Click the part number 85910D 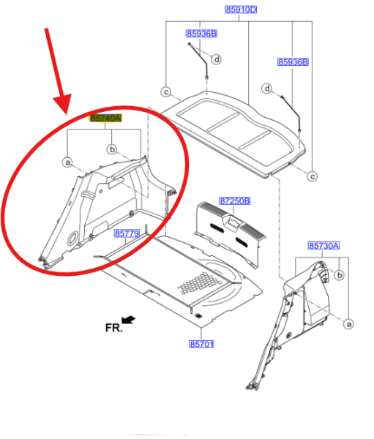pyautogui.click(x=241, y=10)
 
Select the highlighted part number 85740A pyautogui.click(x=105, y=118)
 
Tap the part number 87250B pyautogui.click(x=234, y=200)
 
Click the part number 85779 pyautogui.click(x=127, y=233)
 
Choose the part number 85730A pyautogui.click(x=323, y=246)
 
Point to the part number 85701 pyautogui.click(x=201, y=344)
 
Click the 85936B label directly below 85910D pyautogui.click(x=201, y=34)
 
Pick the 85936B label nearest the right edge pyautogui.click(x=293, y=62)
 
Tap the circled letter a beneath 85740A pyautogui.click(x=67, y=162)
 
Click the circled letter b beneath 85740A pyautogui.click(x=112, y=149)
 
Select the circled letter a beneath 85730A pyautogui.click(x=348, y=324)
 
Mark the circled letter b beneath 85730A pyautogui.click(x=340, y=275)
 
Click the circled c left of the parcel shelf pyautogui.click(x=166, y=92)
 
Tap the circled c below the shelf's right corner pyautogui.click(x=313, y=176)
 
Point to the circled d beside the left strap pyautogui.click(x=217, y=59)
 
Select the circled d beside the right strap pyautogui.click(x=266, y=89)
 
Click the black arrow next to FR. pyautogui.click(x=129, y=320)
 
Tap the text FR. pyautogui.click(x=113, y=328)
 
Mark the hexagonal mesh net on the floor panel pyautogui.click(x=200, y=283)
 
